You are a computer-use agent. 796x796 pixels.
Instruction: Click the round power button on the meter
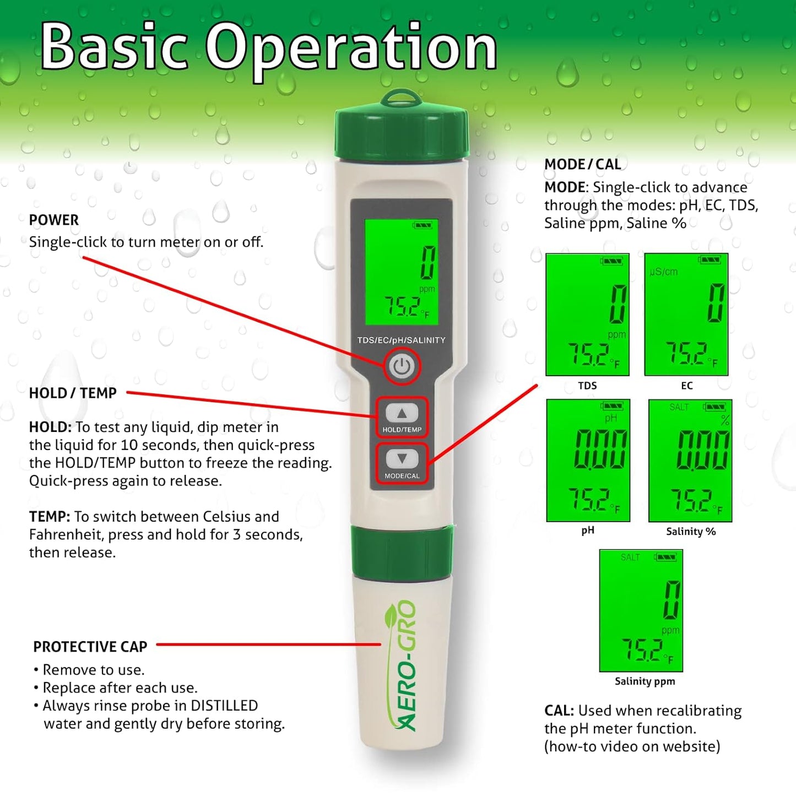point(402,366)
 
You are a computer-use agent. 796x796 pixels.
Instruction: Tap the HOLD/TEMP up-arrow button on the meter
point(402,413)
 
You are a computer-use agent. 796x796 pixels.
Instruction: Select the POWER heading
point(54,220)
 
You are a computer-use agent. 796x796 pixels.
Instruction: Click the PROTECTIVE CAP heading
point(90,647)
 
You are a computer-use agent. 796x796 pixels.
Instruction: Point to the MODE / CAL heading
point(582,164)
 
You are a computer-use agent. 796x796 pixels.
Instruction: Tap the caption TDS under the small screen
point(587,386)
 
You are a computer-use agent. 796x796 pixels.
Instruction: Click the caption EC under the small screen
point(686,386)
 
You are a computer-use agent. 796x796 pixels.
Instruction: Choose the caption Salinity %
point(691,532)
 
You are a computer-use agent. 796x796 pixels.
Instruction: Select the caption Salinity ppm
point(645,681)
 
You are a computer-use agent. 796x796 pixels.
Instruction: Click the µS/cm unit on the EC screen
point(664,272)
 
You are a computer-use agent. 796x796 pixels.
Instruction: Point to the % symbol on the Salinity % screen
point(725,421)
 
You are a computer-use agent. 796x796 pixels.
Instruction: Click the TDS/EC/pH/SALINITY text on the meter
point(401,340)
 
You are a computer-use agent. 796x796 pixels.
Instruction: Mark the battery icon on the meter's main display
point(423,225)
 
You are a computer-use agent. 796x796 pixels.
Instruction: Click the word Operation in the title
point(351,48)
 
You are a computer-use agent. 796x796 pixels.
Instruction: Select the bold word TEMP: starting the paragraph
point(50,517)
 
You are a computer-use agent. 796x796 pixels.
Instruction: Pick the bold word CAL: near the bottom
point(559,711)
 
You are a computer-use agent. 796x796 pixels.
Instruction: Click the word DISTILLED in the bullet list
point(224,706)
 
